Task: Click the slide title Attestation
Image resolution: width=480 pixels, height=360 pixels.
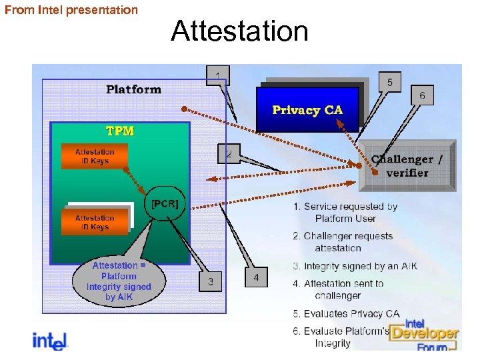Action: (239, 31)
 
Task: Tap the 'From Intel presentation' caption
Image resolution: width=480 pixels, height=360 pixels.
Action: (71, 10)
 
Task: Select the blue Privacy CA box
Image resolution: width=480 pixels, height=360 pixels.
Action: (307, 110)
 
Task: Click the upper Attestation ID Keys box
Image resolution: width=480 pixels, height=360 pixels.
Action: (94, 156)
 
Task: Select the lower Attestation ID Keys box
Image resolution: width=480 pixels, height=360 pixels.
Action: (94, 222)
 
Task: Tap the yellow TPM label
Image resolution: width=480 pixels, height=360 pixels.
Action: (121, 131)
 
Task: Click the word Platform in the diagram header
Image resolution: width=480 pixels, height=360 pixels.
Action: (133, 89)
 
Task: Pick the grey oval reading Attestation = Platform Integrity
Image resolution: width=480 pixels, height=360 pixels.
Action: (119, 281)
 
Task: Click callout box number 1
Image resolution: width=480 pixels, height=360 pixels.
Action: (217, 75)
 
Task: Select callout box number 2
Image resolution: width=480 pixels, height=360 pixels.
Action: (229, 154)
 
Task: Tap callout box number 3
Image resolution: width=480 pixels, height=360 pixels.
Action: (211, 281)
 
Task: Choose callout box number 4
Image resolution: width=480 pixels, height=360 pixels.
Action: (256, 277)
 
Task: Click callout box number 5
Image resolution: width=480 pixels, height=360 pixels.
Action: (390, 82)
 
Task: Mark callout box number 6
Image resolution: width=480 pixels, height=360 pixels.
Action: (422, 96)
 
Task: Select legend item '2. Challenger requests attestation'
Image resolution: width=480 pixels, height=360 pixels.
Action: (343, 242)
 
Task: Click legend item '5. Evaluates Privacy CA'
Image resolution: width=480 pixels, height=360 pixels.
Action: (347, 313)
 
